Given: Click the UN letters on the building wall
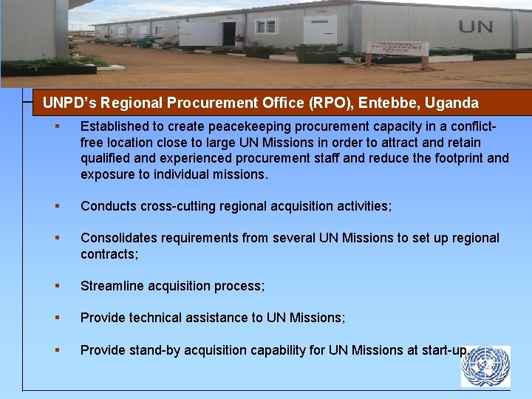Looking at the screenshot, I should (x=475, y=27).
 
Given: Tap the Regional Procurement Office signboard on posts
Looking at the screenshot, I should (x=400, y=50).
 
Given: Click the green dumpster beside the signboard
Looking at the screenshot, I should (x=318, y=52).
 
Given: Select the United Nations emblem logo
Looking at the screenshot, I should (x=485, y=366).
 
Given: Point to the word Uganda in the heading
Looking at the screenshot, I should (x=451, y=103).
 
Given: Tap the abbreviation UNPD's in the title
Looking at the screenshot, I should (x=71, y=103).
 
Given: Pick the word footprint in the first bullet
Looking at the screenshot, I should (x=446, y=158).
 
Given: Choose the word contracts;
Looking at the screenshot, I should (x=109, y=254).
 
